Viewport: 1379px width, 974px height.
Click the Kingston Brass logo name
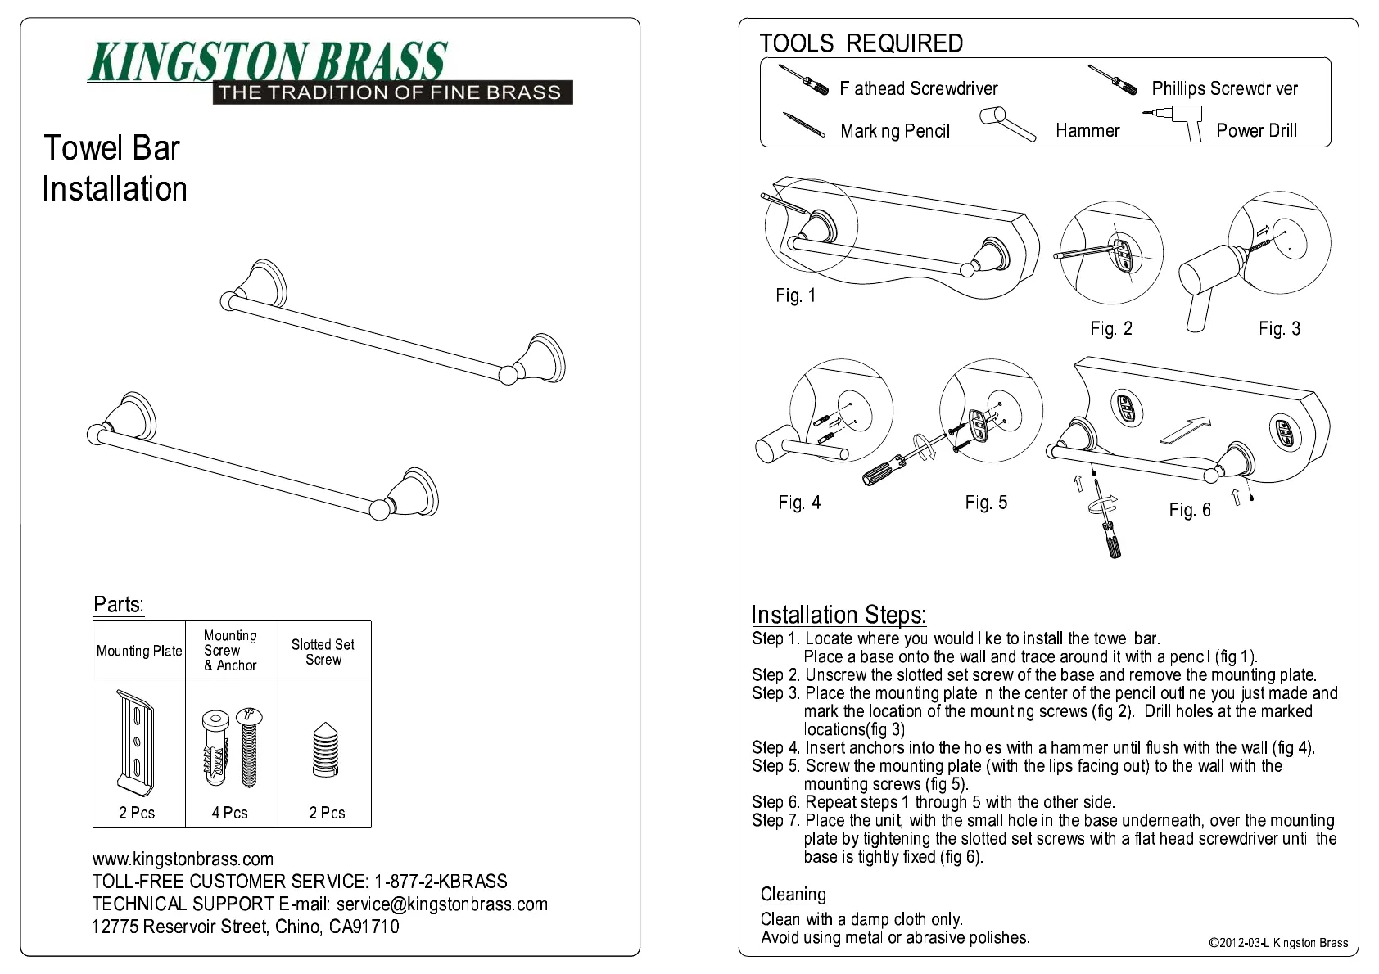(268, 62)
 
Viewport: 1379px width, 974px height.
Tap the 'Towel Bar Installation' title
(114, 169)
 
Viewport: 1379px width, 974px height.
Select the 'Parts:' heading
(119, 605)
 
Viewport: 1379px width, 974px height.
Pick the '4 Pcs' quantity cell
(230, 813)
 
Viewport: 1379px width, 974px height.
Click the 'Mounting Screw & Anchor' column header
(230, 651)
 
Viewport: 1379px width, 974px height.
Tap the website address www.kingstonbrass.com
(183, 859)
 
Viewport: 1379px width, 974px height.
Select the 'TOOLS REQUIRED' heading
(861, 43)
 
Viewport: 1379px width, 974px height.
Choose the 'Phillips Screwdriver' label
(1224, 88)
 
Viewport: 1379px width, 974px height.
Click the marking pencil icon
(803, 125)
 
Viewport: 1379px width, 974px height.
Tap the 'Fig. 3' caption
(1279, 329)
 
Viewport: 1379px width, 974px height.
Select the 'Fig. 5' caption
(986, 503)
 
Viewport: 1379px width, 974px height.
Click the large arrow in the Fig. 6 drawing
(1184, 431)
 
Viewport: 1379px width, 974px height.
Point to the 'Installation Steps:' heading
(839, 615)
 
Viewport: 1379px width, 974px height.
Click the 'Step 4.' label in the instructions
(775, 747)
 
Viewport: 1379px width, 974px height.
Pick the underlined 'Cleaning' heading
(793, 895)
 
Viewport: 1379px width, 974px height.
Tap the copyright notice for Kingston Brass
(1277, 943)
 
